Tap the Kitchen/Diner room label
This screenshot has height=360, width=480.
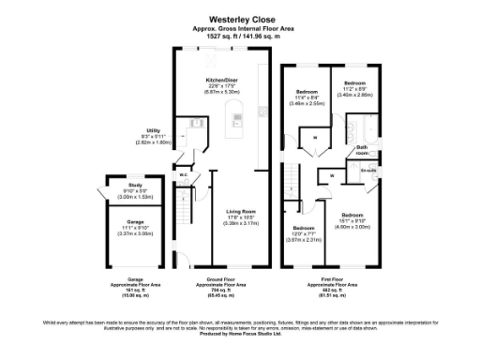point(221,81)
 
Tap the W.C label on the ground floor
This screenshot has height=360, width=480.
point(185,173)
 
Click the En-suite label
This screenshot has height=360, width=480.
point(368,171)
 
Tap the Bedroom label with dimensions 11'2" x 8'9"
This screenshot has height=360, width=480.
point(355,82)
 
